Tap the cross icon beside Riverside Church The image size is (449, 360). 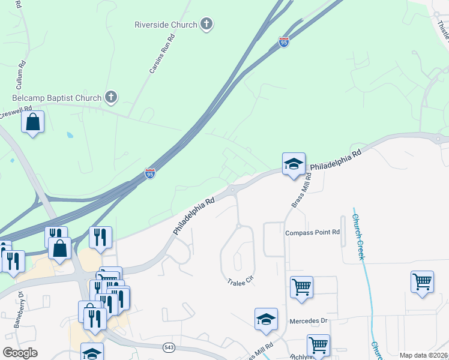[206, 25]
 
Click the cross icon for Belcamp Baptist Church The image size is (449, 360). [110, 97]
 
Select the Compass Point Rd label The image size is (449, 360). [313, 232]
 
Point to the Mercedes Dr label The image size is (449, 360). [309, 321]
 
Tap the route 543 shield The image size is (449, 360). [169, 347]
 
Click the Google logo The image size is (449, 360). [20, 352]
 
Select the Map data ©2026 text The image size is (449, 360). [423, 355]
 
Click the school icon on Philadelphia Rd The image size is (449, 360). [294, 163]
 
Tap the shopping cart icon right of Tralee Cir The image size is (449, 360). [301, 286]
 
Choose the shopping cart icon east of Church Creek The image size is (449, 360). [422, 281]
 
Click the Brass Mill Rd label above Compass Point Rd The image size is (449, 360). [301, 191]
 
